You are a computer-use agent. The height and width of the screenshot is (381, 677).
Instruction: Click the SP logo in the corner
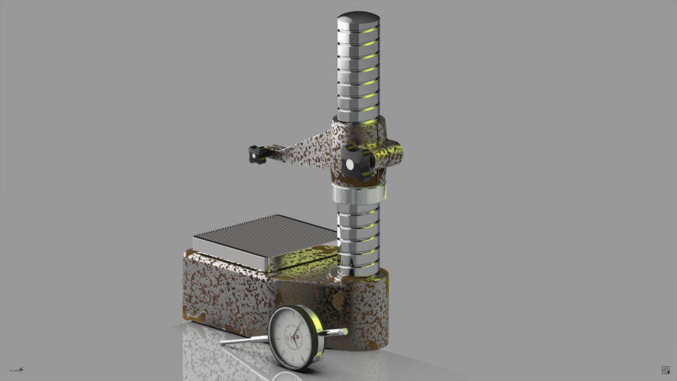click(x=665, y=370)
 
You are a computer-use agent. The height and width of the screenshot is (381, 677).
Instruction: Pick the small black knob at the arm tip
click(x=257, y=153)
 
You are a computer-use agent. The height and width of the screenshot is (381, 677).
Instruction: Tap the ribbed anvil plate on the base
click(x=265, y=238)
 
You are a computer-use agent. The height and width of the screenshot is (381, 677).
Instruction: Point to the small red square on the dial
click(x=298, y=338)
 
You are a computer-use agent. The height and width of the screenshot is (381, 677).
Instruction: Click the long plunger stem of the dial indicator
click(x=243, y=340)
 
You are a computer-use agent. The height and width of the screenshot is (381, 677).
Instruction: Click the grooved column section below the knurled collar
click(x=358, y=236)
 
